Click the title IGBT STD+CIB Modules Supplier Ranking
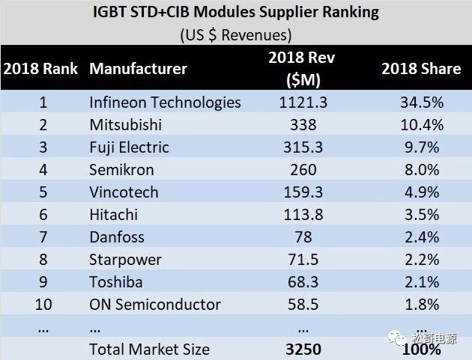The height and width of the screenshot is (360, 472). (x=236, y=12)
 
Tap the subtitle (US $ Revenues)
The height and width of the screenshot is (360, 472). (x=236, y=34)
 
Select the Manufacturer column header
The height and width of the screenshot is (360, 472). (x=138, y=70)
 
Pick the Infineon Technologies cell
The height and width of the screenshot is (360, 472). (x=165, y=103)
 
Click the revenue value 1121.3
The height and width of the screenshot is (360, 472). (x=303, y=103)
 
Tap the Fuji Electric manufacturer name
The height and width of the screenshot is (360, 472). (x=129, y=147)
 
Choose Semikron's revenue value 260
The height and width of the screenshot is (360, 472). (x=303, y=170)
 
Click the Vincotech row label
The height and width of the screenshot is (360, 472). (x=124, y=192)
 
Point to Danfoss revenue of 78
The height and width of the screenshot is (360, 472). (x=303, y=237)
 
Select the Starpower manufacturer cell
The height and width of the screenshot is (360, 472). (x=125, y=260)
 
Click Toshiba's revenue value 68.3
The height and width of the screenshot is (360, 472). (x=303, y=282)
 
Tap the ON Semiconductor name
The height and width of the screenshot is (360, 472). (x=155, y=305)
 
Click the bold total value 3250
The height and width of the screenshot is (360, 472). (x=303, y=349)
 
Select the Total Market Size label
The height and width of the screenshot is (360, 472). (x=149, y=349)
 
